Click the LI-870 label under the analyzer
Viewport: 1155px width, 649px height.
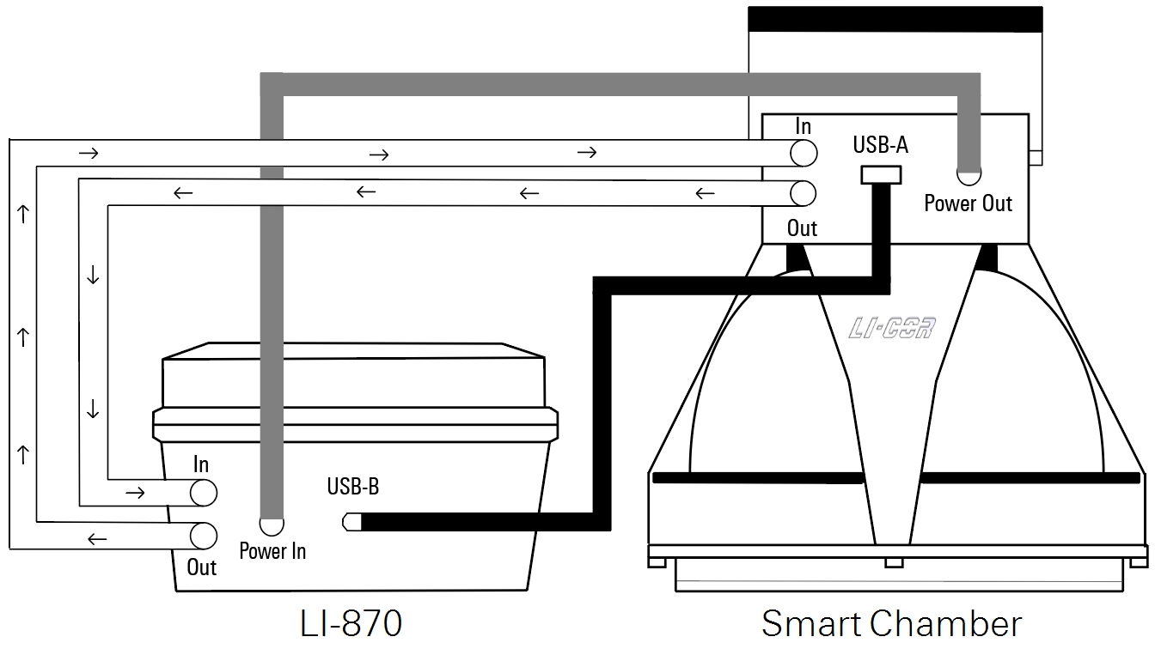coord(351,623)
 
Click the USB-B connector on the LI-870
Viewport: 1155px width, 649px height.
coord(351,521)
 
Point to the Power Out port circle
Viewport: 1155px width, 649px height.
coord(969,174)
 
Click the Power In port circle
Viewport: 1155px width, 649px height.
coord(272,524)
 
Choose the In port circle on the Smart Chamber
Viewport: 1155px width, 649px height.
coord(803,153)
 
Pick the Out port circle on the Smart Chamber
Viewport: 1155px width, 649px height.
coord(803,194)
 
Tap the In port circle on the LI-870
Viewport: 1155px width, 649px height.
coord(203,493)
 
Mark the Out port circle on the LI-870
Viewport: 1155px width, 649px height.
coord(203,536)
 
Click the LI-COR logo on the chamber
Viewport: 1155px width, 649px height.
coord(891,328)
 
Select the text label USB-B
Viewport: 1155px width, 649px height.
coord(352,487)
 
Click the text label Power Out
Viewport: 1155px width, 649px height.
coord(969,204)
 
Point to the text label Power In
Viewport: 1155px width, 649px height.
coord(272,551)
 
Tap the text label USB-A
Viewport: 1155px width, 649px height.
coord(880,144)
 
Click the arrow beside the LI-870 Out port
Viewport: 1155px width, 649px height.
coord(98,539)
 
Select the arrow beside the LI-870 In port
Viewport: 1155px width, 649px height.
coord(135,493)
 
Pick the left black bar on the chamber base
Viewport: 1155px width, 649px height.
coord(757,477)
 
